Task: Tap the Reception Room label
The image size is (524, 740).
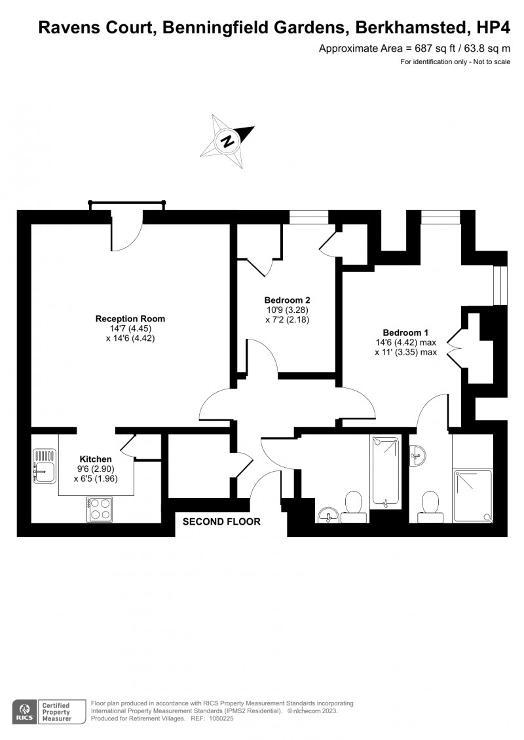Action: tap(130, 319)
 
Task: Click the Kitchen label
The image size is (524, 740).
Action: tap(96, 459)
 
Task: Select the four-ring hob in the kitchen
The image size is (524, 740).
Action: tap(100, 508)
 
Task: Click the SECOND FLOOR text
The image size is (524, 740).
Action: tap(221, 522)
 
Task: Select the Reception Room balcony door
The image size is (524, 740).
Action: tap(126, 232)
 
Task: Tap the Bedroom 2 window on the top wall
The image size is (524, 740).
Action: tap(309, 218)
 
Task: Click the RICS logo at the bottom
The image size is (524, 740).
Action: tap(25, 711)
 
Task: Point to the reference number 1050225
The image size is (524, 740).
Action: tap(220, 718)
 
